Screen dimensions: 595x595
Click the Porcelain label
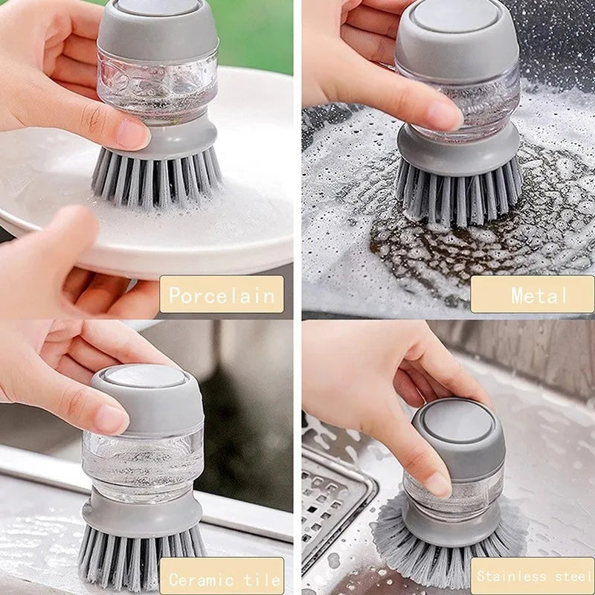coord(222,295)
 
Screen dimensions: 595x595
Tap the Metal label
coord(533,295)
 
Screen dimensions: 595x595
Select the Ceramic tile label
coord(224,578)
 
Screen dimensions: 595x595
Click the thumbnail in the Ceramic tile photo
coord(112,419)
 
